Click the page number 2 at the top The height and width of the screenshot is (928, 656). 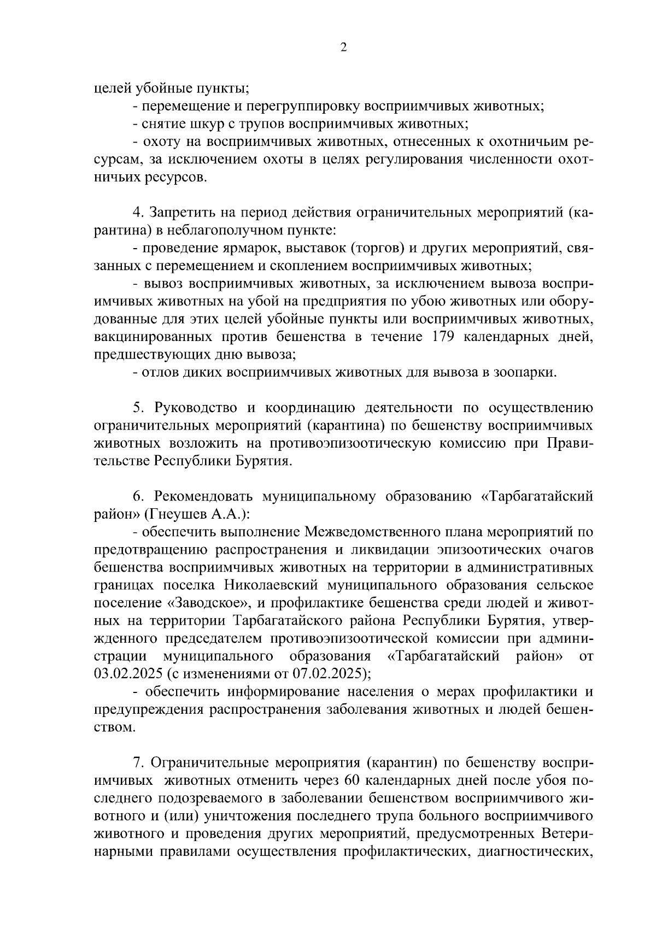[x=343, y=48]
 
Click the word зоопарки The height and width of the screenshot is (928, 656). [x=524, y=373]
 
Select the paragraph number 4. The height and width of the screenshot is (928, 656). [x=138, y=212]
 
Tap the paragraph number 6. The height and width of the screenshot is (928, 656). [x=138, y=496]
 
